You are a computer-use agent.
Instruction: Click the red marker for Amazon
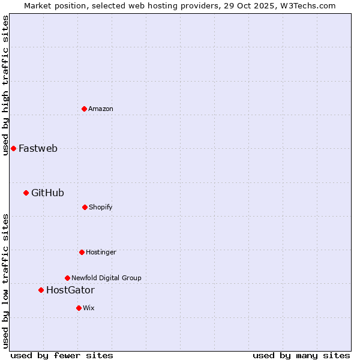(x=84, y=109)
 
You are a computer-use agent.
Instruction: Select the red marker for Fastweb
(x=13, y=148)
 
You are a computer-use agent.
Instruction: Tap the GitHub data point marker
(x=26, y=193)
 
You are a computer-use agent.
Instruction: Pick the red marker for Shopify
(x=85, y=207)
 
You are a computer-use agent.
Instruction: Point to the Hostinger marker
(x=82, y=252)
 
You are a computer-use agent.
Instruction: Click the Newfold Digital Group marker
(x=67, y=278)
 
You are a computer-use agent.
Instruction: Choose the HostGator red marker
(x=41, y=290)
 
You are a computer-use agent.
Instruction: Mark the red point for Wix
(x=79, y=308)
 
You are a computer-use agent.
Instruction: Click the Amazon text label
(x=101, y=109)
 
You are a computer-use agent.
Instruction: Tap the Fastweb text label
(x=38, y=148)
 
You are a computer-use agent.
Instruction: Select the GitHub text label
(x=47, y=193)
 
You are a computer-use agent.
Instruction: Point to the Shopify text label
(x=101, y=207)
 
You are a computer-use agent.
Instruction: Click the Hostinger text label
(x=101, y=252)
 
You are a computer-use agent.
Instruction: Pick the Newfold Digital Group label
(x=106, y=278)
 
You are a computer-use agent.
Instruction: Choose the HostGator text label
(x=70, y=290)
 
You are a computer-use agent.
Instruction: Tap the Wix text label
(x=89, y=308)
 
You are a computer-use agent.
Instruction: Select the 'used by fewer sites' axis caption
(x=62, y=355)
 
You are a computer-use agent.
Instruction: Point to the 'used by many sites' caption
(x=301, y=355)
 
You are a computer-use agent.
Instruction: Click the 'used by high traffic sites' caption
(x=5, y=85)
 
